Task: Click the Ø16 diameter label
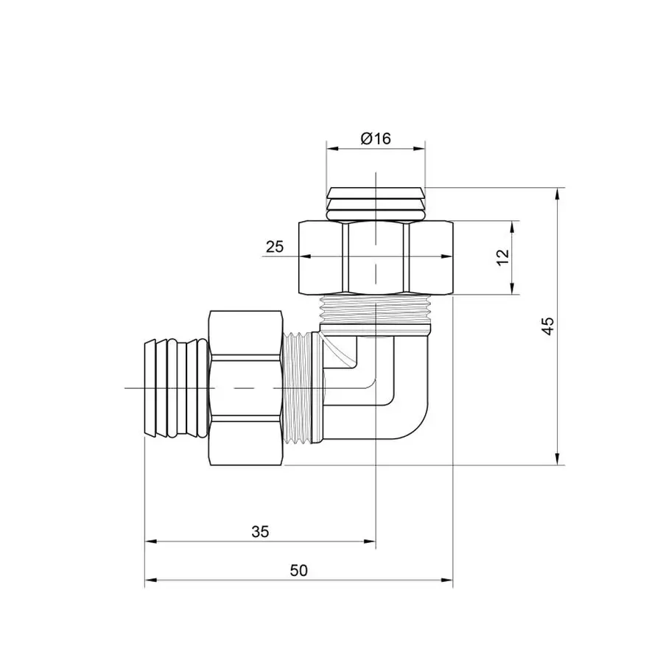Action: pos(376,138)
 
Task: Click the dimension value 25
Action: pos(275,248)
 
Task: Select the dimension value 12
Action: pos(503,257)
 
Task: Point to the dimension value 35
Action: pos(260,531)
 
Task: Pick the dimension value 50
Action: pos(298,570)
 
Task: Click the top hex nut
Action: pos(376,256)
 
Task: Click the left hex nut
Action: pos(247,387)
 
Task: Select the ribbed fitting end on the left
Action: pos(177,387)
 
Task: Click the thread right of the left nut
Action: pos(298,387)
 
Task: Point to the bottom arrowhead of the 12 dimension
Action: pos(514,289)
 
